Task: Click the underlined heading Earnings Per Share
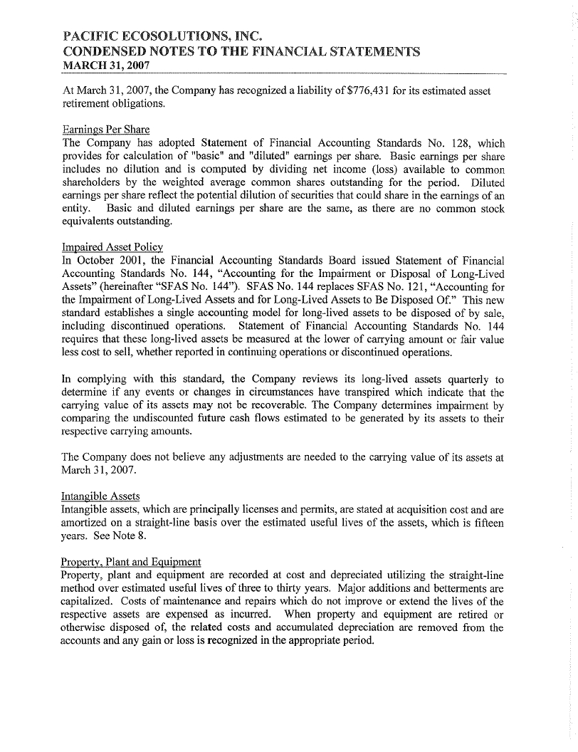coord(105,129)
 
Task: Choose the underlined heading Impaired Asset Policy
coord(112,247)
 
